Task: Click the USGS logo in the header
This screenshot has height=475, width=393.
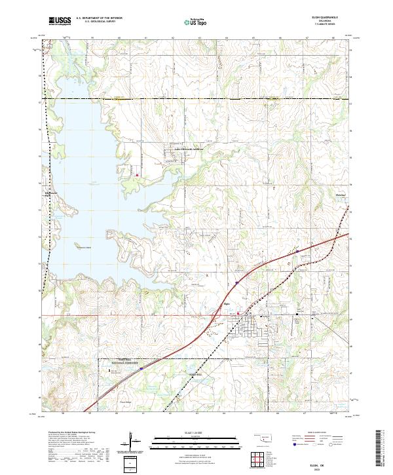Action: pos(60,21)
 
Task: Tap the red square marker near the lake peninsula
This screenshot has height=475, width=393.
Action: pos(137,175)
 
